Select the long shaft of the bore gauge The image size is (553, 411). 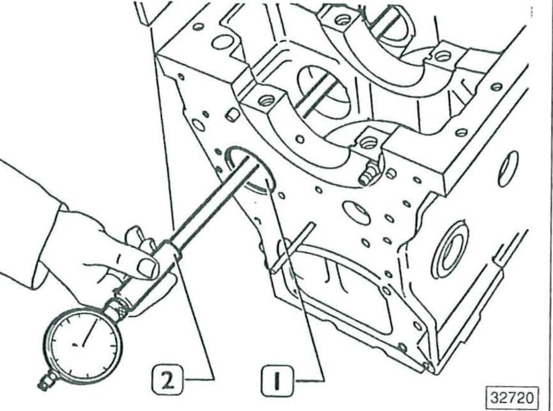click(209, 200)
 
